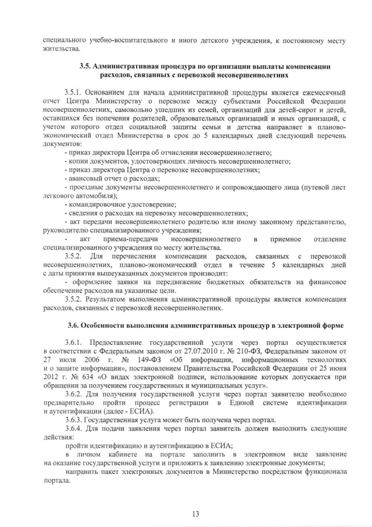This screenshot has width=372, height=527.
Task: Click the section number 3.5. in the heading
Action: (86, 67)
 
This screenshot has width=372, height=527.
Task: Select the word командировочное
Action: (99, 204)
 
